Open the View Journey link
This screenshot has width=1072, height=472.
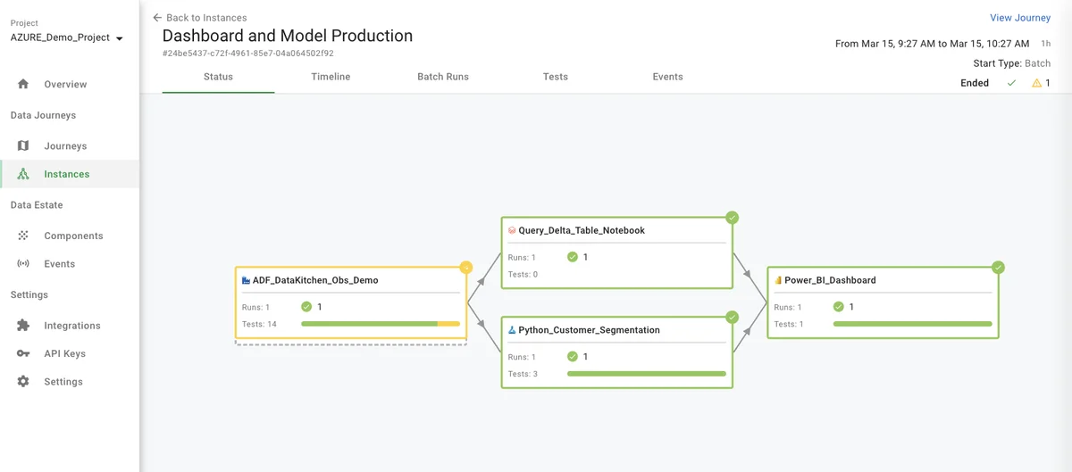(x=1019, y=18)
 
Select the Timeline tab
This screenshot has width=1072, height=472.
(x=331, y=77)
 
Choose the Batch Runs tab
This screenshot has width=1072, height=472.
(x=442, y=77)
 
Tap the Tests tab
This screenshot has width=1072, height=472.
(x=555, y=77)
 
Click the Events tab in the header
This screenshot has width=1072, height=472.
(x=667, y=77)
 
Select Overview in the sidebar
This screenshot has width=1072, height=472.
(x=65, y=84)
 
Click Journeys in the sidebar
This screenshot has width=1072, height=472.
(x=65, y=145)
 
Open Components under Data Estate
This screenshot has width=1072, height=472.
(x=73, y=236)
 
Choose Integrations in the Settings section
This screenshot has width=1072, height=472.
(x=71, y=326)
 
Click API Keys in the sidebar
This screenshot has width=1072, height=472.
(x=64, y=353)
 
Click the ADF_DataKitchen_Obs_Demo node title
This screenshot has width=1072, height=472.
(x=315, y=280)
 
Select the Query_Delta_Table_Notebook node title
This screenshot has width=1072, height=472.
(x=582, y=230)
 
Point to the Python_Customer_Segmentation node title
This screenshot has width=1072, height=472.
(x=589, y=330)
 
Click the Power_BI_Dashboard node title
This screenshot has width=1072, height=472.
(x=830, y=280)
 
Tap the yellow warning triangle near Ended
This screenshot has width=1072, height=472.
(x=1036, y=83)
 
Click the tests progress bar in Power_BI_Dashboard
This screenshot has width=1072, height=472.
(x=912, y=324)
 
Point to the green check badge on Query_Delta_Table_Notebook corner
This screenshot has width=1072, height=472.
(x=732, y=218)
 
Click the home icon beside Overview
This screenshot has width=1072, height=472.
(x=23, y=84)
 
